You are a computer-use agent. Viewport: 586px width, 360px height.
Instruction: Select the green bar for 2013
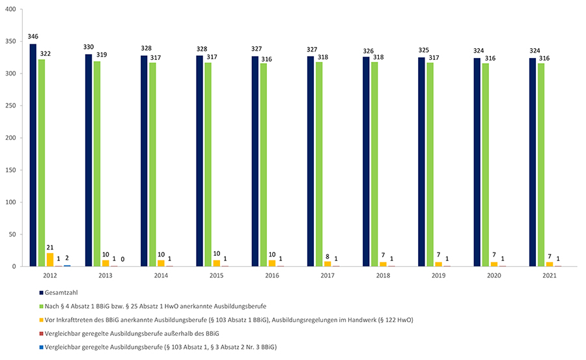point(97,163)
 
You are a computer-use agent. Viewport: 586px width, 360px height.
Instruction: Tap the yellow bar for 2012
point(49,260)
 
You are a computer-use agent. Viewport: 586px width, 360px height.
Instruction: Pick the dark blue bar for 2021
point(533,162)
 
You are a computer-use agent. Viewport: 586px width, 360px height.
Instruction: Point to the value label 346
point(33,38)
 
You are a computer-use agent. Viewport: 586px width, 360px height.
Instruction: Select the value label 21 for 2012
point(49,247)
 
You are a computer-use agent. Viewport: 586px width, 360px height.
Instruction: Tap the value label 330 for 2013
point(89,48)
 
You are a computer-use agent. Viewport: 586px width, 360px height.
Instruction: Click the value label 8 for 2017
point(328,256)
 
